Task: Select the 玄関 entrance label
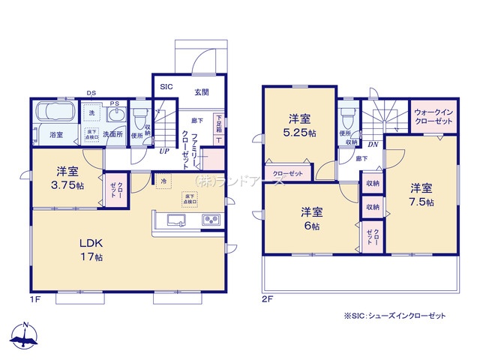coord(202,92)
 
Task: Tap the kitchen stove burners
coord(210,220)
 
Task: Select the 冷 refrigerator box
coord(163,181)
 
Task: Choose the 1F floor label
coord(35,299)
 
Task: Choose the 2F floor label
coord(268,299)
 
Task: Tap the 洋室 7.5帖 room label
coord(421,194)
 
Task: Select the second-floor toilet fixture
coord(346,118)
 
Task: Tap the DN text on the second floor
coord(373,145)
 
